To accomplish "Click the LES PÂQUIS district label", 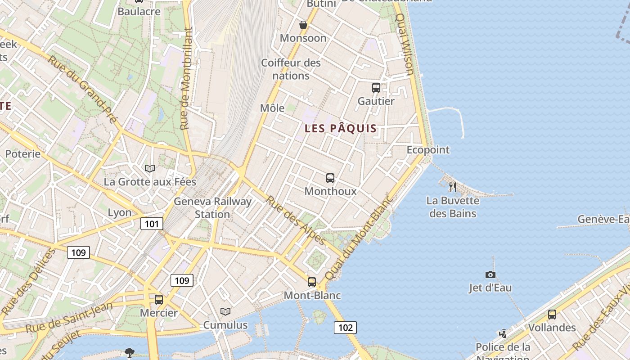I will tap(341, 129).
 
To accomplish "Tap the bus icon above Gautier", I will tap(376, 88).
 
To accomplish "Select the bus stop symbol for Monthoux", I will tap(330, 178).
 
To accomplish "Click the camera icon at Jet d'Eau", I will tap(490, 274).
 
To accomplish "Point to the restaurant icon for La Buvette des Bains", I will tap(453, 187).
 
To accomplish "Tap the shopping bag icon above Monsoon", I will tap(303, 25).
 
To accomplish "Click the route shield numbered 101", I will tap(151, 223).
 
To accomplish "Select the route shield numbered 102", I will tap(345, 327).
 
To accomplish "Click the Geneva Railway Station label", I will tap(212, 207).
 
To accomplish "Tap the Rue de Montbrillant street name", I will tap(187, 79).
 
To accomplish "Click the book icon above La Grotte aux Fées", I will tap(150, 168).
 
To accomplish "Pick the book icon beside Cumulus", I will tap(225, 311).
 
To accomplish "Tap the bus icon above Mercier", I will tap(159, 299).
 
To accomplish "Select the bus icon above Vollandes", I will tap(552, 315).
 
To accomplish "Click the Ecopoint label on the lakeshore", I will tap(428, 150).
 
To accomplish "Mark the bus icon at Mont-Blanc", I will tap(312, 282).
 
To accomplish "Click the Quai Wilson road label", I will tap(404, 44).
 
